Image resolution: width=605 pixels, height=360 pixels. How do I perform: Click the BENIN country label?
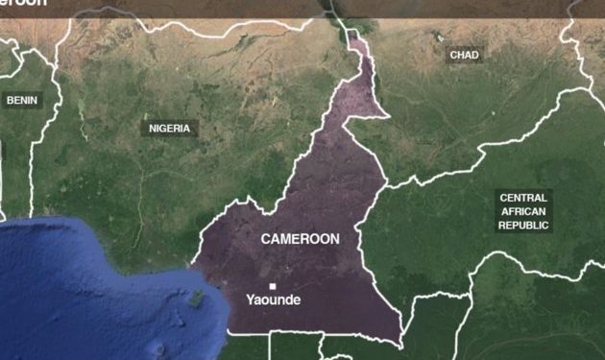click(x=20, y=99)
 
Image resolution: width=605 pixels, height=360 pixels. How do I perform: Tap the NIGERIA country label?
click(x=169, y=128)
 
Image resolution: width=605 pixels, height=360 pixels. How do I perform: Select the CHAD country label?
click(x=464, y=56)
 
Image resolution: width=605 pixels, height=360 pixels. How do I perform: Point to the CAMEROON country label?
click(x=300, y=239)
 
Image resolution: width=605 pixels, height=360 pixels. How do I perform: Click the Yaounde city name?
click(x=273, y=300)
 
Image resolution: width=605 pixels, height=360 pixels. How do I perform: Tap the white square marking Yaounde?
click(x=273, y=286)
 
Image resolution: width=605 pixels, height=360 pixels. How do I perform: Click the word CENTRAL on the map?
click(x=523, y=198)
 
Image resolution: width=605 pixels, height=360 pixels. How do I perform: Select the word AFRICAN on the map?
click(x=523, y=211)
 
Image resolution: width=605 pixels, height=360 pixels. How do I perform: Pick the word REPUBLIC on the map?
click(x=523, y=225)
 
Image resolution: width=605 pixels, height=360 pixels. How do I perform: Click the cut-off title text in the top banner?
click(x=23, y=4)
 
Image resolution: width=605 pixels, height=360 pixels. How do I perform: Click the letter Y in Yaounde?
click(x=251, y=300)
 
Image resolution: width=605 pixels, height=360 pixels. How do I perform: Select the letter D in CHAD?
click(x=474, y=56)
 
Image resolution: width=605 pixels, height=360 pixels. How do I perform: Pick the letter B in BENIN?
click(x=10, y=99)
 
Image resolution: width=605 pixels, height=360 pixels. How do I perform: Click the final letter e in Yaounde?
click(x=297, y=300)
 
